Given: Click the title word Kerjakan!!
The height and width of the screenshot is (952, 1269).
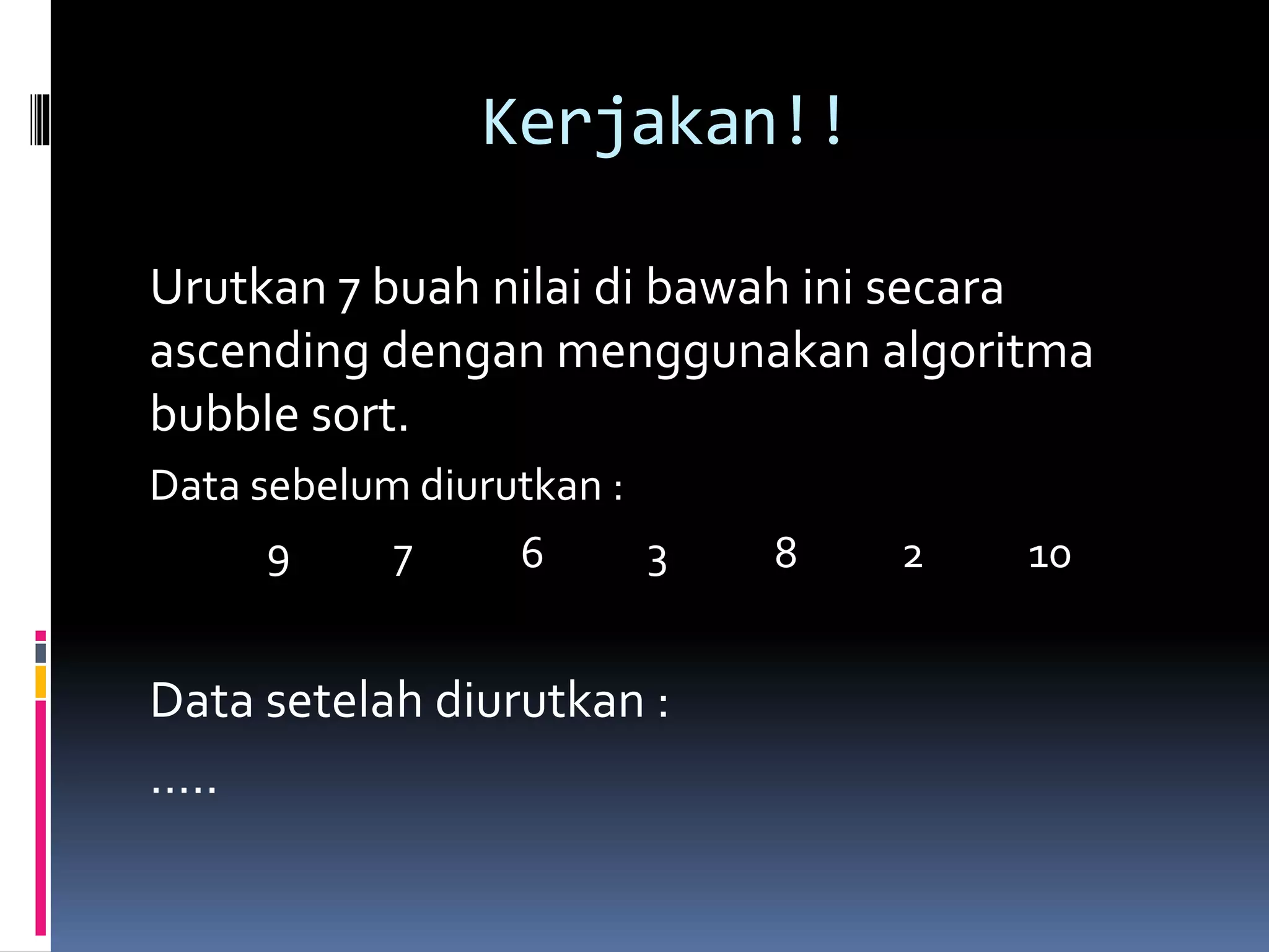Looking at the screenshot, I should (663, 122).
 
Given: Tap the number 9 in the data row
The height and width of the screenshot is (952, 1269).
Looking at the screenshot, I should (278, 561).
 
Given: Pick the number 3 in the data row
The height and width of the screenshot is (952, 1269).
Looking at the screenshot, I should (657, 561).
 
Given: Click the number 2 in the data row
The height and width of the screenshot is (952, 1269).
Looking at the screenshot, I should (913, 557).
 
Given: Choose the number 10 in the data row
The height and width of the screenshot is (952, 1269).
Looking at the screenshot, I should (1049, 557).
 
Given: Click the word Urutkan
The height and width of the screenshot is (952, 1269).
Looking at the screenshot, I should (238, 288).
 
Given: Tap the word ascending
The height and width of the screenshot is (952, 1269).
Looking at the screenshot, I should (260, 352).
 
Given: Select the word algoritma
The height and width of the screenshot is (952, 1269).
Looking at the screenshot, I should (987, 352).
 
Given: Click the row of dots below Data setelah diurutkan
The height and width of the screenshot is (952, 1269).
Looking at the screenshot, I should (184, 790).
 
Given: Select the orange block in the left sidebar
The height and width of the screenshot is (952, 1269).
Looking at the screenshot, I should (41, 682).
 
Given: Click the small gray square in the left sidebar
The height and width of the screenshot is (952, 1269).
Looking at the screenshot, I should (41, 653).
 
